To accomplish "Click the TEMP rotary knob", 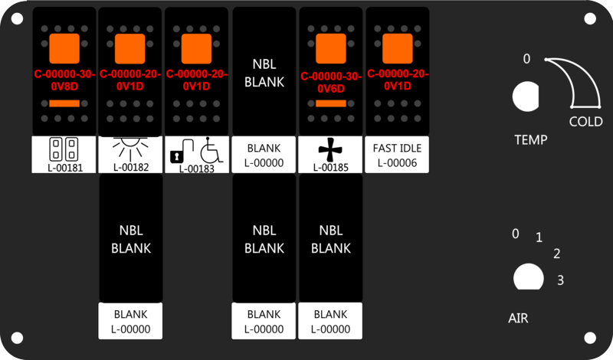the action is pos(526,97).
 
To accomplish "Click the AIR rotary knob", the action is pos(528,277).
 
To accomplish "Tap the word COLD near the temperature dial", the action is pos(585,122).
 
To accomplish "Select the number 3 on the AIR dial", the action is pos(560,280).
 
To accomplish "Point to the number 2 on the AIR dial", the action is pos(557,254).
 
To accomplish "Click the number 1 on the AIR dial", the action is pos(539,237).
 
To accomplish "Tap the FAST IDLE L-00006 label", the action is pos(397,155).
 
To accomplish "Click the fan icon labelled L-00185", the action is pos(330,149).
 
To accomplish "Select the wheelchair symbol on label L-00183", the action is pos(211,150).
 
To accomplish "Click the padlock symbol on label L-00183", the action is pos(177,157).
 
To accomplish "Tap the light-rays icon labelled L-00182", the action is pos(130,148).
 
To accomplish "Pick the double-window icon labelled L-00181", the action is pos(64,149).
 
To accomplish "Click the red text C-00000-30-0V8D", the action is pos(64,80).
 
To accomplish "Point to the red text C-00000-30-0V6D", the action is pos(331,83).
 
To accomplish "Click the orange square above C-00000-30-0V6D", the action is pos(331,48).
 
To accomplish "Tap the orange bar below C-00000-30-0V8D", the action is pos(64,103).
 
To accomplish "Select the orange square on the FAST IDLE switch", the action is pos(397,48).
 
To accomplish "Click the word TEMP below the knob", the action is pos(530,139).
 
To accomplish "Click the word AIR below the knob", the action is pos(518,318).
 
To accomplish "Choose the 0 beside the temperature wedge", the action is pos(526,59).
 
